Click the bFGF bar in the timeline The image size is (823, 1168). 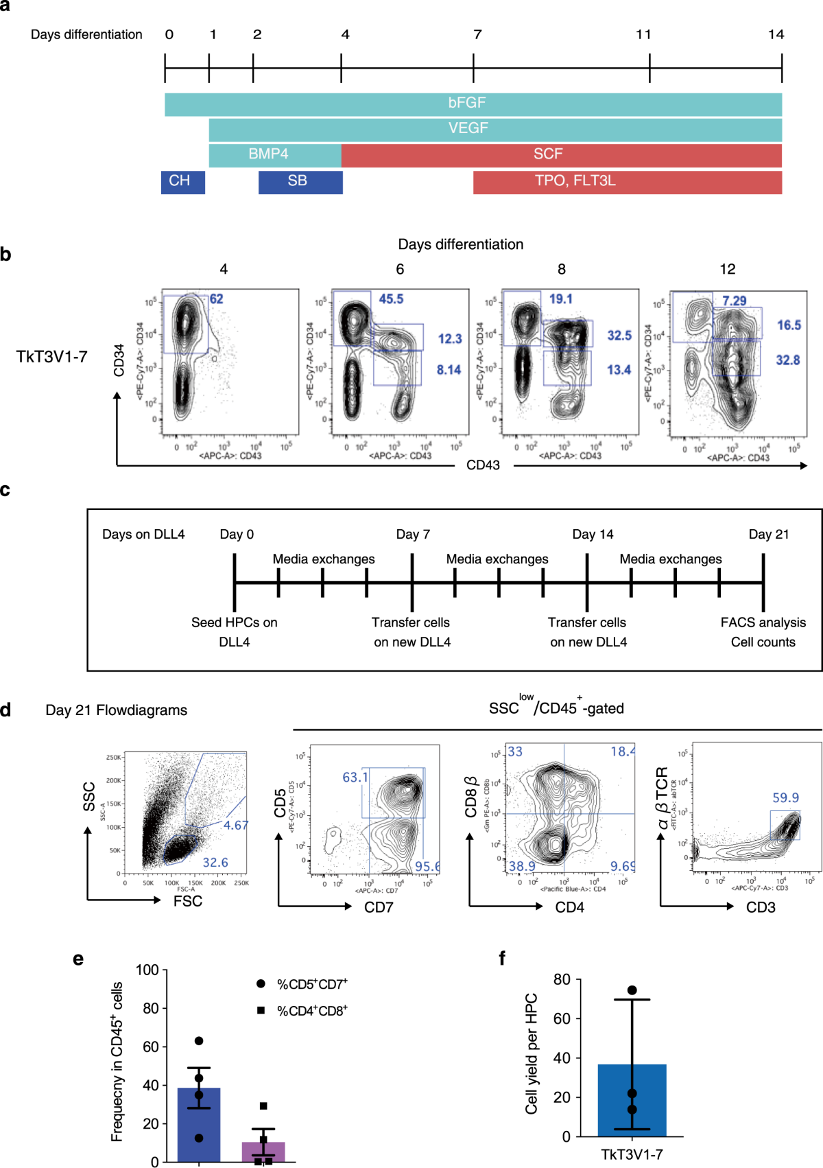coord(473,104)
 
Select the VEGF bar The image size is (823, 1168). coord(494,130)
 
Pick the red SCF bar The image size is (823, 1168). coord(561,155)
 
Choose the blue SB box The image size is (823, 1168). coord(300,182)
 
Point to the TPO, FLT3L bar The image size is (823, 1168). coord(627,182)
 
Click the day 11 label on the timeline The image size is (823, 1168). coord(643,35)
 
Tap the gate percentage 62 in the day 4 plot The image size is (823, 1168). coord(216,299)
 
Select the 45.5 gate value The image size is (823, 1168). coord(391,299)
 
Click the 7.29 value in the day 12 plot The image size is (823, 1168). coord(734,301)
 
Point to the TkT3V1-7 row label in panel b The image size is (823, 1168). coord(52,357)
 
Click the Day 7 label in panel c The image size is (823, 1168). coord(413,535)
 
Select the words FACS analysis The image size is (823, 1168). coord(763,622)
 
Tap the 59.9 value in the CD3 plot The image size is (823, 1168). coord(785,798)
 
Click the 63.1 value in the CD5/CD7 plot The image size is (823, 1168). coord(355,778)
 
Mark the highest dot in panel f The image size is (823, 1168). coord(632,990)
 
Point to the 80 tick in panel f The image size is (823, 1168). coord(562,980)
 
